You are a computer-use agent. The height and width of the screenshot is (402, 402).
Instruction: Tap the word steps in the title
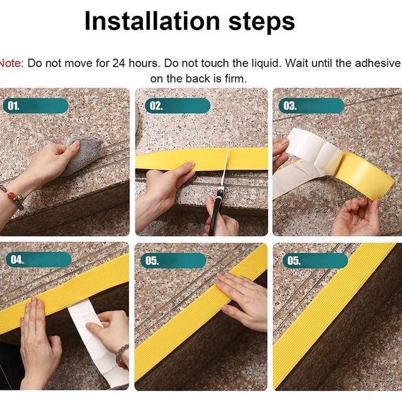click(261, 22)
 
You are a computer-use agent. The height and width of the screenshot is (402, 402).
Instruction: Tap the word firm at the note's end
click(233, 78)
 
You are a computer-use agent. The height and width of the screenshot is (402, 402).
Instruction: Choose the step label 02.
click(156, 106)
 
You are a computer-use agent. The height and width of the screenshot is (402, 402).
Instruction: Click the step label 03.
click(290, 106)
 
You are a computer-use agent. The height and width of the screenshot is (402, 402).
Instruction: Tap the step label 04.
click(17, 259)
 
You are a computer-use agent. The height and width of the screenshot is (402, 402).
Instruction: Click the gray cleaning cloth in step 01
click(83, 154)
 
